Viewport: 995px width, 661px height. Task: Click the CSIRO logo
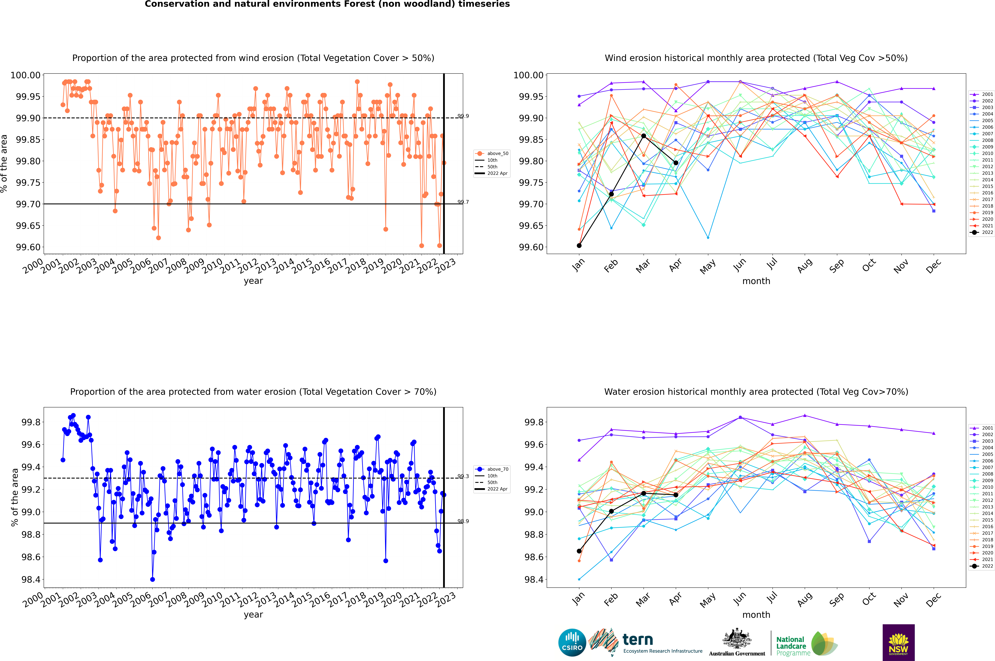572,642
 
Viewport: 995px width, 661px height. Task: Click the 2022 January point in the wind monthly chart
579,245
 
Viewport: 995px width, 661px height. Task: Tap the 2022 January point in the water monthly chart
579,551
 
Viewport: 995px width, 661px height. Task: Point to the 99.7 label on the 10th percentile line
463,202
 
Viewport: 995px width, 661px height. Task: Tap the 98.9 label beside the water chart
463,521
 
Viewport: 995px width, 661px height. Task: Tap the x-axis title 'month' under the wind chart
756,281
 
